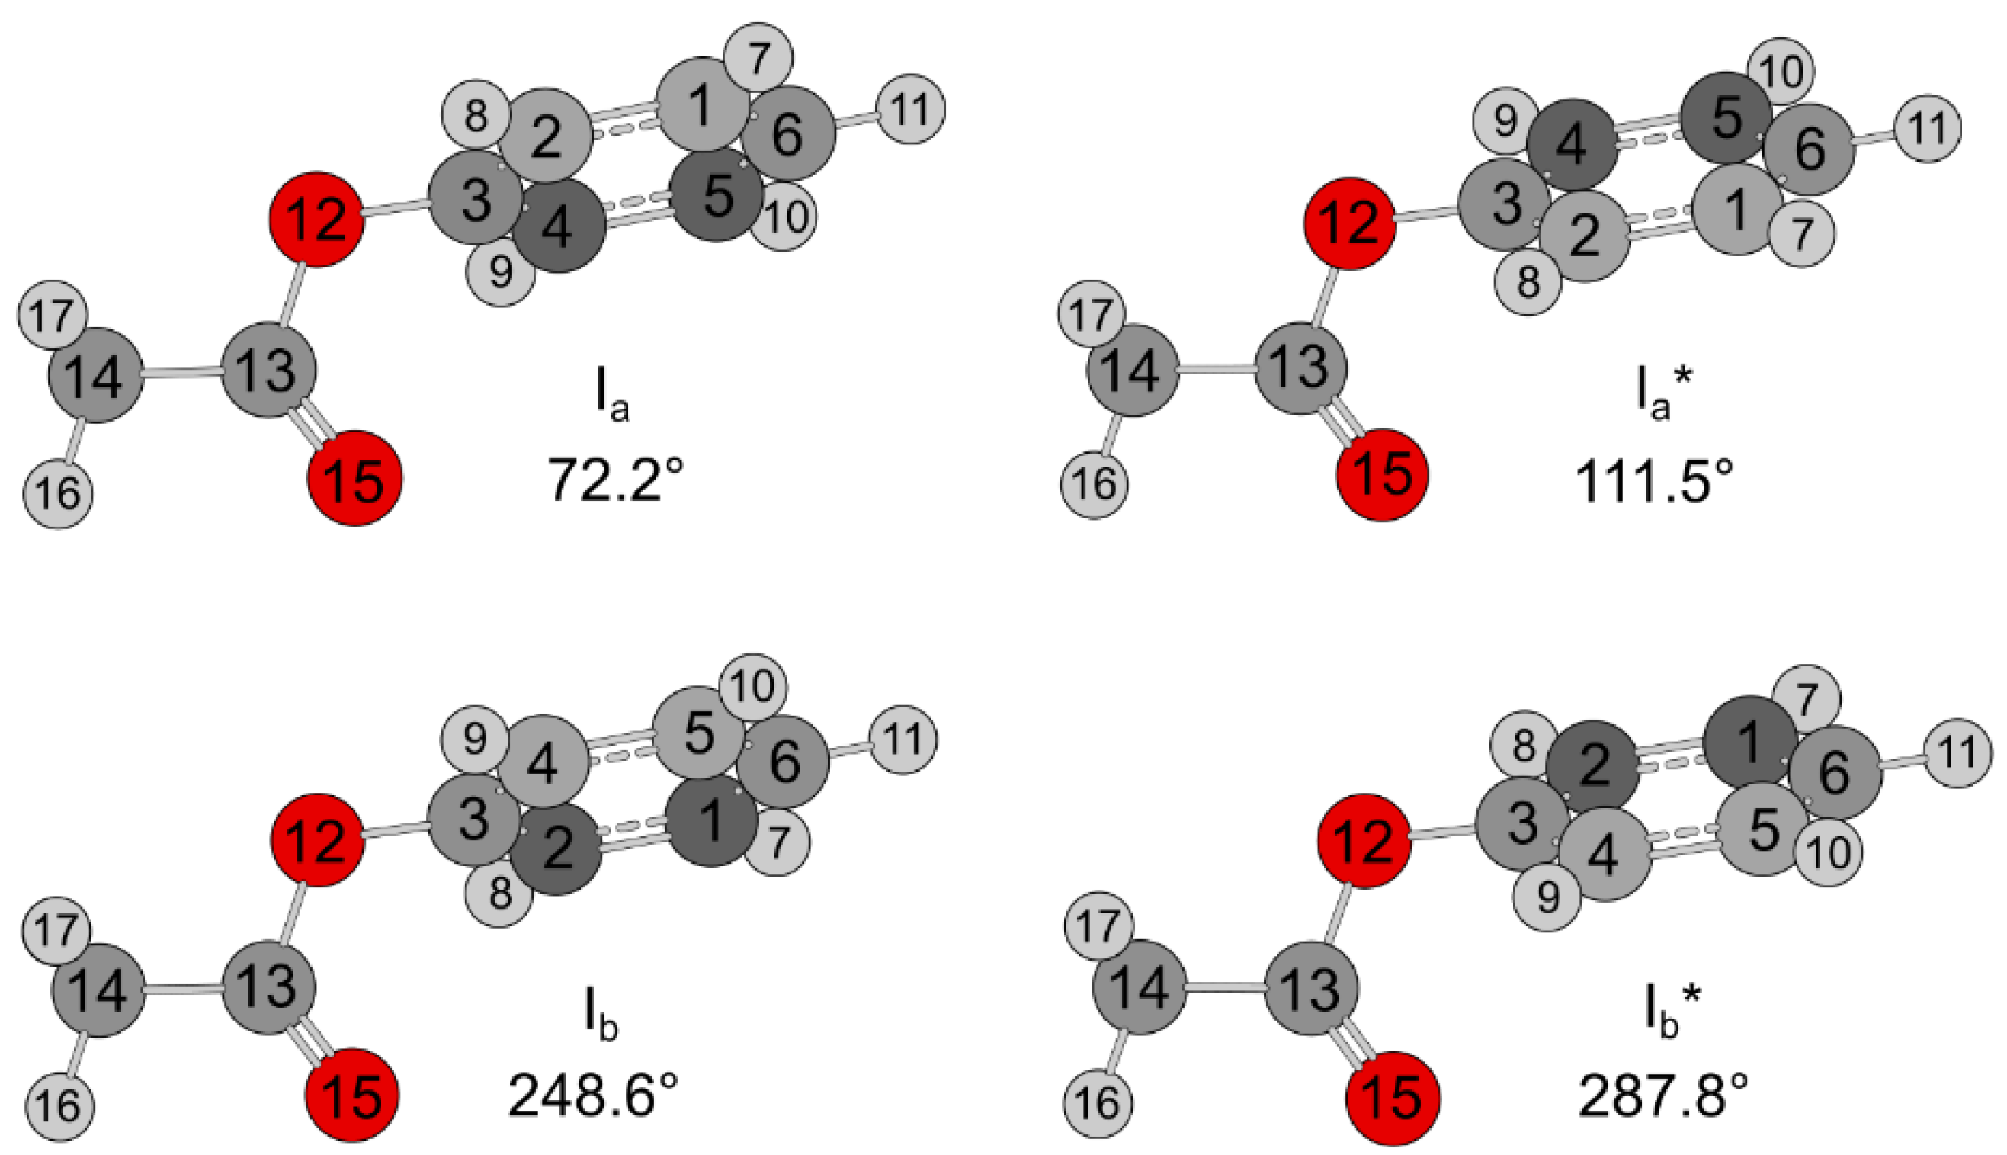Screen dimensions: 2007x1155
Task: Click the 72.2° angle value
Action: pyautogui.click(x=615, y=481)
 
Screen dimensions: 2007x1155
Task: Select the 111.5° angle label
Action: pyautogui.click(x=1653, y=481)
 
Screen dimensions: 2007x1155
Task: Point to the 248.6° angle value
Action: pyautogui.click(x=593, y=1096)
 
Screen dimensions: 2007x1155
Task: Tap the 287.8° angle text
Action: pyautogui.click(x=1663, y=1096)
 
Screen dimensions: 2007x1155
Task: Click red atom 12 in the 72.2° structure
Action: pyautogui.click(x=316, y=219)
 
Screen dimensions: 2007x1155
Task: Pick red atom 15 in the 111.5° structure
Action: pyautogui.click(x=1382, y=475)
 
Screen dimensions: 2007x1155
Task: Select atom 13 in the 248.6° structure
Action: pyautogui.click(x=269, y=987)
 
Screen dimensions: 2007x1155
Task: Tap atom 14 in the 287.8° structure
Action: pyautogui.click(x=1140, y=987)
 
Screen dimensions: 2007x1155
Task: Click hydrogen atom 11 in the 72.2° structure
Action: pyautogui.click(x=910, y=109)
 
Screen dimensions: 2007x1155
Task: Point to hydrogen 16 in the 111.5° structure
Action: pyautogui.click(x=1095, y=484)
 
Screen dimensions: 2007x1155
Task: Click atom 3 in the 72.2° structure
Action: pyautogui.click(x=475, y=199)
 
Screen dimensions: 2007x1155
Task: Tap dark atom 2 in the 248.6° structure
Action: pyautogui.click(x=556, y=849)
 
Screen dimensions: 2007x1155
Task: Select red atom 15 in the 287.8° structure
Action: pyautogui.click(x=1393, y=1099)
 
